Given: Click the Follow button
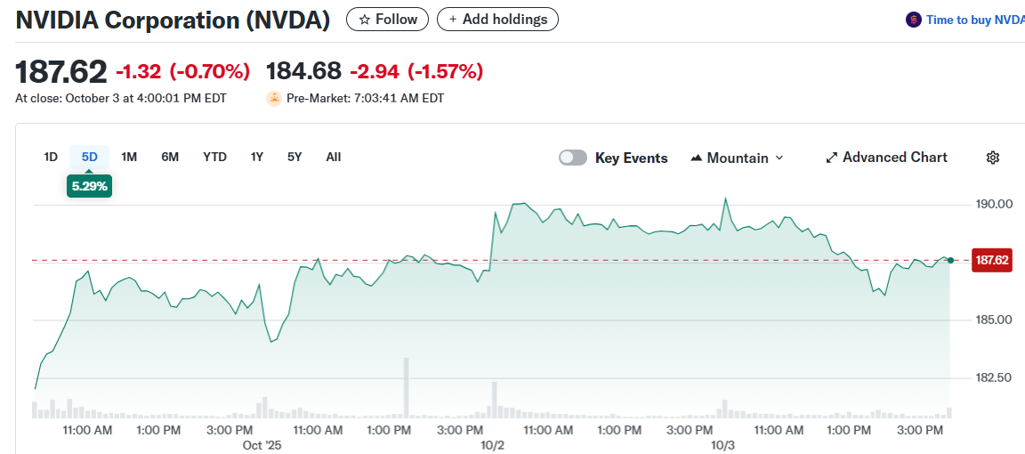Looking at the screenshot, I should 387,19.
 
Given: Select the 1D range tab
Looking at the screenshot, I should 51,157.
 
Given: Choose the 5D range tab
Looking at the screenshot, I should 90,157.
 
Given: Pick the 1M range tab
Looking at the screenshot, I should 129,157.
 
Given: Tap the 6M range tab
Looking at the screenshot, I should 170,157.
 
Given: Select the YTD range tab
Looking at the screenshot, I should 214,157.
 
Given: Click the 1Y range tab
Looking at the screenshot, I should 257,157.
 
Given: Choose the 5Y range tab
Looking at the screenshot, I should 295,157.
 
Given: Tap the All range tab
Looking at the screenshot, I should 334,157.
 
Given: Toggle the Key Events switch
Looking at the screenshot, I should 573,158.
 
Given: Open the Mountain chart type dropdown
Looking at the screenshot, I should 738,158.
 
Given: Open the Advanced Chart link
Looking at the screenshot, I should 886,158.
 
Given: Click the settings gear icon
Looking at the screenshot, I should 993,158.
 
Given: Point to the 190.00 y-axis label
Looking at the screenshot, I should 994,204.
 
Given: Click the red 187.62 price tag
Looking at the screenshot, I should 992,260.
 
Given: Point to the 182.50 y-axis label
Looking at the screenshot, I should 994,377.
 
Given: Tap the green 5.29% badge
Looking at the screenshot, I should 89,186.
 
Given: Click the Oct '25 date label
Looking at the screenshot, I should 262,444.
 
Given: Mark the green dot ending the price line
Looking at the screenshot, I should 951,260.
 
